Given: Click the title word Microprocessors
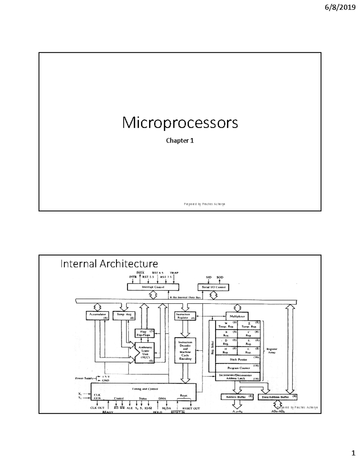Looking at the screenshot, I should pyautogui.click(x=180, y=123).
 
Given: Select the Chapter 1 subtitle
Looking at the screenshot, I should pyautogui.click(x=180, y=140).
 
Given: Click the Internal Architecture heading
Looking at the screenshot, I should pyautogui.click(x=109, y=264).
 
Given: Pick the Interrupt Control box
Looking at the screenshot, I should pyautogui.click(x=153, y=287).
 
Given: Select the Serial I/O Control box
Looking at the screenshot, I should pyautogui.click(x=213, y=287).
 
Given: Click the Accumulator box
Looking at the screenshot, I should pyautogui.click(x=97, y=315).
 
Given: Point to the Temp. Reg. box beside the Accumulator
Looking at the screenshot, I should pyautogui.click(x=124, y=315).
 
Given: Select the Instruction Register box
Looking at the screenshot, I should pyautogui.click(x=185, y=316).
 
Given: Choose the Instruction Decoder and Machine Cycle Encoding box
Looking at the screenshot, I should pyautogui.click(x=185, y=350).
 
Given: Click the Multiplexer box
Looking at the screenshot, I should pyautogui.click(x=237, y=316).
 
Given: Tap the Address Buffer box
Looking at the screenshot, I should pyautogui.click(x=237, y=397).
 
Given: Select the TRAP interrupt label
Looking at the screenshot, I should pyautogui.click(x=174, y=273).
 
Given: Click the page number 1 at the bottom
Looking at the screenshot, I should pyautogui.click(x=353, y=453).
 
